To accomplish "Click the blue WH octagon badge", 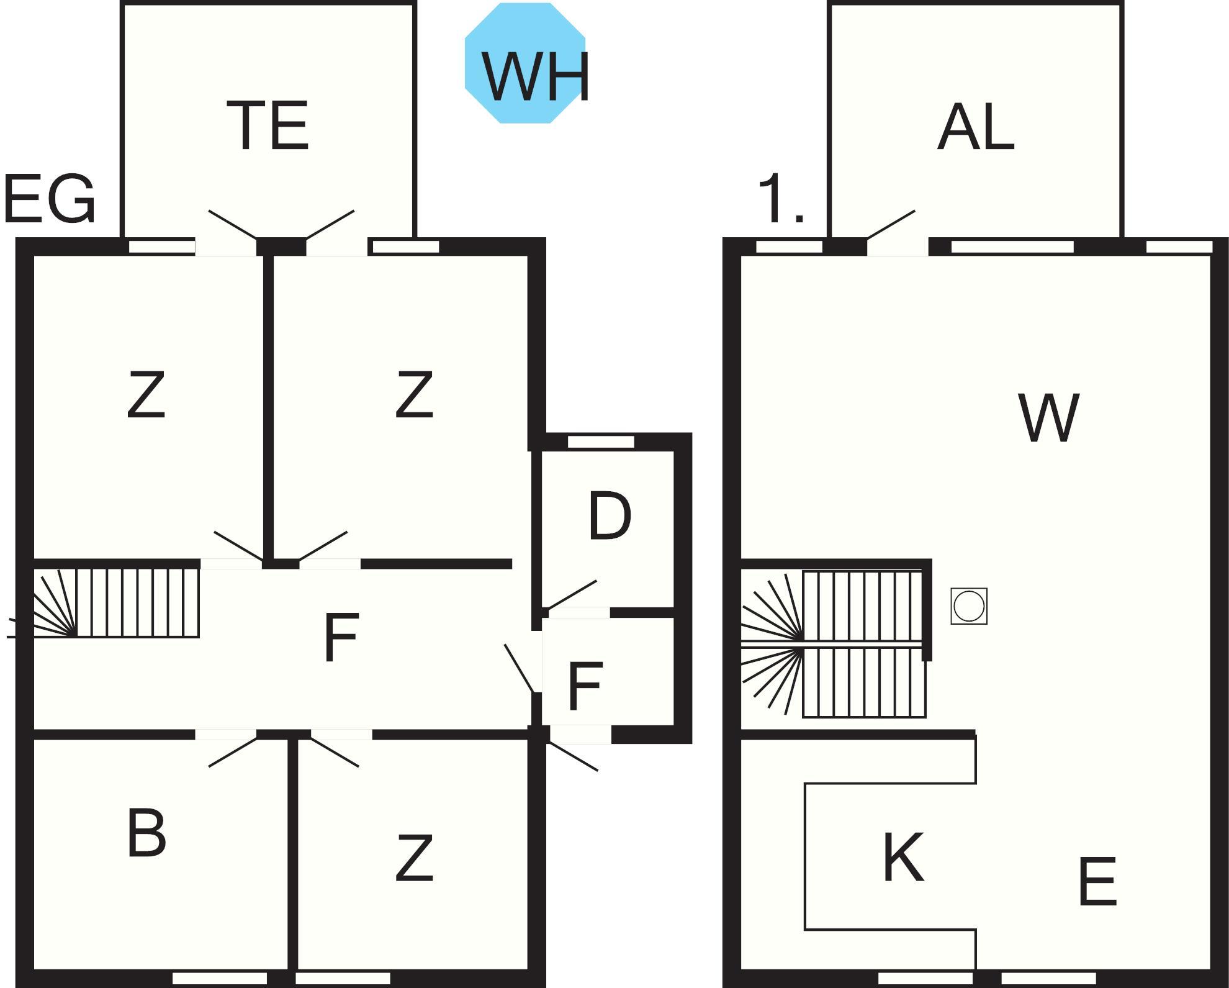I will coord(525,63).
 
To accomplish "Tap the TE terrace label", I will coord(268,126).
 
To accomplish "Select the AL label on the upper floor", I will coord(975,127).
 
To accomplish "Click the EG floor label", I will coord(49,199).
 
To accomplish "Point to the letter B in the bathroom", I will coord(146,833).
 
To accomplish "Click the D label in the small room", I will coord(610,516).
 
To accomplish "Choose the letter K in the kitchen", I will coord(903,857).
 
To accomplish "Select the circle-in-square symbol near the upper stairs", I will coord(968,606).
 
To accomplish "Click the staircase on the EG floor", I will coord(117,602).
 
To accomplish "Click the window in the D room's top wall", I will coord(601,442).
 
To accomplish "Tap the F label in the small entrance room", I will coord(585,686).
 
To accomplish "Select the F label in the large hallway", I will coord(341,637).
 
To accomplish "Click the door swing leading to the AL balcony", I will coord(890,225).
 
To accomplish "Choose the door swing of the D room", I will coord(572,594).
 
